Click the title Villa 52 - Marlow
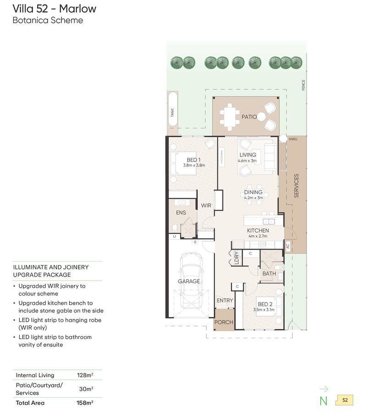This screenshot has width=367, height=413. coord(55,9)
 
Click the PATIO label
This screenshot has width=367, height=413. coord(249,117)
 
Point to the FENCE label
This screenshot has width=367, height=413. coord(303,85)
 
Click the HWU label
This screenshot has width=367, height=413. coord(293,139)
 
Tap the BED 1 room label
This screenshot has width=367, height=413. coord(194,160)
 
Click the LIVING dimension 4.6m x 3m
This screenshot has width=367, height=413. coord(247,161)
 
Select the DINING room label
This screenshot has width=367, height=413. coord(253,192)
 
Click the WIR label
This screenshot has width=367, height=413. coord(206,206)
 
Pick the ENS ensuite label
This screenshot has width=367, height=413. coord(181,212)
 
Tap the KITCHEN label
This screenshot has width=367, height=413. coord(258,230)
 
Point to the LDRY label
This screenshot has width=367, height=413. coord(236,257)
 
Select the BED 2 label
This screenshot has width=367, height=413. coord(265,304)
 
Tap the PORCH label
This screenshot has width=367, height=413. coord(224,322)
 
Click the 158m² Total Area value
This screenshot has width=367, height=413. coord(85,403)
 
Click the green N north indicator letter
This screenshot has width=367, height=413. coord(323,401)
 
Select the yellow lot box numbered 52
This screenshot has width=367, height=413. coord(345,400)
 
